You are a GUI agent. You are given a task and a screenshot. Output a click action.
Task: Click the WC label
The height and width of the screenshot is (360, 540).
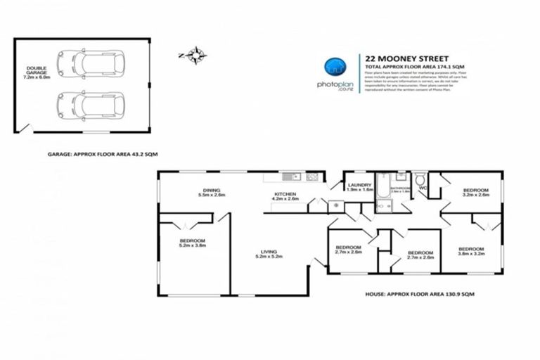pyautogui.click(x=423, y=188)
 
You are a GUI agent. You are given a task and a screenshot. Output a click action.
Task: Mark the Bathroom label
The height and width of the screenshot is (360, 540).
pyautogui.click(x=400, y=189)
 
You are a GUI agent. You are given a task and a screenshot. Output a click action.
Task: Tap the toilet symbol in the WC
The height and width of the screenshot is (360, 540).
pyautogui.click(x=420, y=178)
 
